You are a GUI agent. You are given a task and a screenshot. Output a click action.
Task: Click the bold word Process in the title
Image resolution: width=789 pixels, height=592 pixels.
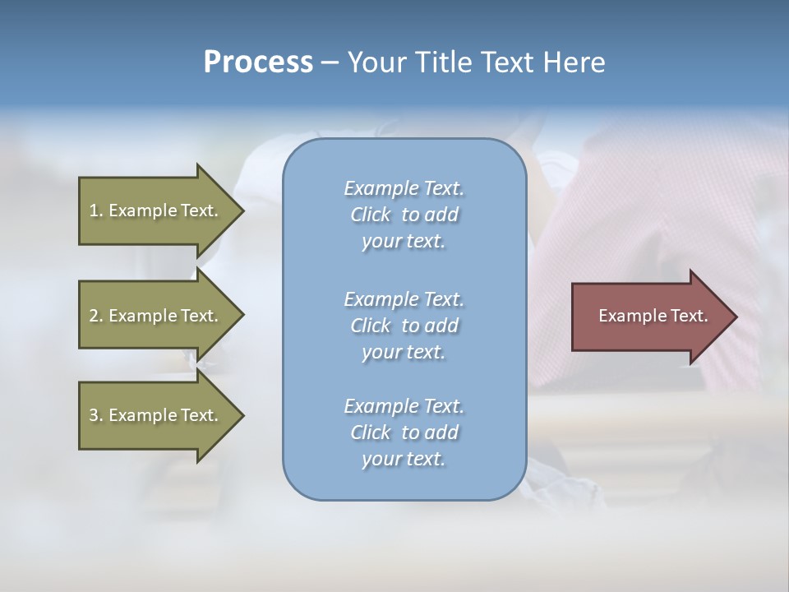[258, 62]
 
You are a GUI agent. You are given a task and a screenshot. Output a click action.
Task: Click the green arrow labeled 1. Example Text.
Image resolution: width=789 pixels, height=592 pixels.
[156, 210]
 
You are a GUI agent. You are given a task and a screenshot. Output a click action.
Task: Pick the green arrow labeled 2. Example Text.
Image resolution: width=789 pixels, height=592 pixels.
[156, 316]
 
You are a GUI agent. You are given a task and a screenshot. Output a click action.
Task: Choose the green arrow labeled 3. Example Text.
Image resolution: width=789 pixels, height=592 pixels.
[156, 415]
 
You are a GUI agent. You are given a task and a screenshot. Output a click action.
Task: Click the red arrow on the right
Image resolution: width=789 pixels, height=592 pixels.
[649, 316]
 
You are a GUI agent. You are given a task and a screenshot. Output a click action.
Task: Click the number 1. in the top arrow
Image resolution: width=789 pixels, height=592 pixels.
[96, 210]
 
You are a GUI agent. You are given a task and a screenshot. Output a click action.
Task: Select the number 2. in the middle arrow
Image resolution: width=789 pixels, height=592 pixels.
[96, 316]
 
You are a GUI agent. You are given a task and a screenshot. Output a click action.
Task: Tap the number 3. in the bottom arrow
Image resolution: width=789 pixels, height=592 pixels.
[96, 415]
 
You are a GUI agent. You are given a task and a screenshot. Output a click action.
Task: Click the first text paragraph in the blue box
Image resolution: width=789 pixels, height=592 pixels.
[404, 215]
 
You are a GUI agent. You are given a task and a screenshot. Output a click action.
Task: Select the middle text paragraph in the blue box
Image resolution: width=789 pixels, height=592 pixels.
[404, 325]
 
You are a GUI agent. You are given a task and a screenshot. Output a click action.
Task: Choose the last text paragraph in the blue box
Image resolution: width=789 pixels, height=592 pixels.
[404, 432]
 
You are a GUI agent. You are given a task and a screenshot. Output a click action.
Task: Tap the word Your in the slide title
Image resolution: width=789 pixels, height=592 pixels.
[373, 62]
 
